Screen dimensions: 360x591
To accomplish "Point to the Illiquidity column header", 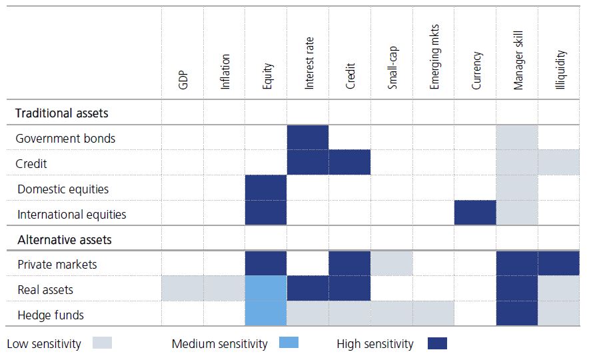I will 560,69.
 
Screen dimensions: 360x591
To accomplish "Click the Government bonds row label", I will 65,139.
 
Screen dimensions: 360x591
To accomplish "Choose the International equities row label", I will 71,214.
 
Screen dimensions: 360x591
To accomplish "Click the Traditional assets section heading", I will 61,113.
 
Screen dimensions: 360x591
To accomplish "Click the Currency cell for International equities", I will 475,213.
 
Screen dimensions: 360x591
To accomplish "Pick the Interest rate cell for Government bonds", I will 308,138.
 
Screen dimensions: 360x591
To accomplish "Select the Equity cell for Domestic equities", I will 266,188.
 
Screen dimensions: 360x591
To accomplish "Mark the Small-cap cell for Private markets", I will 392,264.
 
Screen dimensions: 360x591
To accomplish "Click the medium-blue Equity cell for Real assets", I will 266,289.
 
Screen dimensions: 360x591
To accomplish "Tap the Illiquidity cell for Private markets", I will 559,264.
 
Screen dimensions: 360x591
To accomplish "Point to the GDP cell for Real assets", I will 183,289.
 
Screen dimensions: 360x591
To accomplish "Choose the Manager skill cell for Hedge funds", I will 517,314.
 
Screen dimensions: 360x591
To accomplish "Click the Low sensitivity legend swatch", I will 99,343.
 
